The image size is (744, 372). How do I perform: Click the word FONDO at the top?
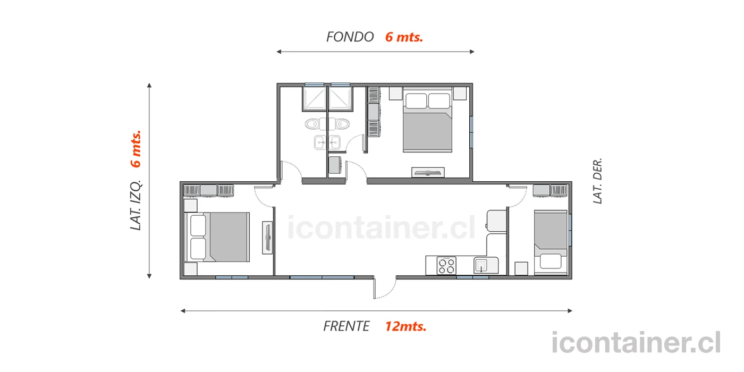pos(350,37)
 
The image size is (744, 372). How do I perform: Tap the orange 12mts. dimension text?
pos(405,326)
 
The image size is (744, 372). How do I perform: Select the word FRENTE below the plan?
pos(346,326)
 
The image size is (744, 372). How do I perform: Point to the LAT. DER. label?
pos(597,181)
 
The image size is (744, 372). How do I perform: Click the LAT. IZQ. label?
pos(136,205)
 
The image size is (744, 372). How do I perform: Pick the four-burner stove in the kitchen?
pos(446,266)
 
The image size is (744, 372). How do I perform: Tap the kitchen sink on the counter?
pos(481,265)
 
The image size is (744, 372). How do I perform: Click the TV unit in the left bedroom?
pos(267,238)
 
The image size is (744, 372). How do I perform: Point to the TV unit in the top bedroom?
pos(428,172)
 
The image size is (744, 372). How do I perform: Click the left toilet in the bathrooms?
pos(312,124)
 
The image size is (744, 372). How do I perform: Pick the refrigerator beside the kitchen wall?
pos(496,221)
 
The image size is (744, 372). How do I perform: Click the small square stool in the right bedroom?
pos(521,268)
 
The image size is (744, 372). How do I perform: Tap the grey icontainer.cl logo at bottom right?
pos(636,342)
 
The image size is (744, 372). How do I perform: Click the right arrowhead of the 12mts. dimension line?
pos(570,311)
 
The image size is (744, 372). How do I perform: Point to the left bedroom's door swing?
pos(265,197)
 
